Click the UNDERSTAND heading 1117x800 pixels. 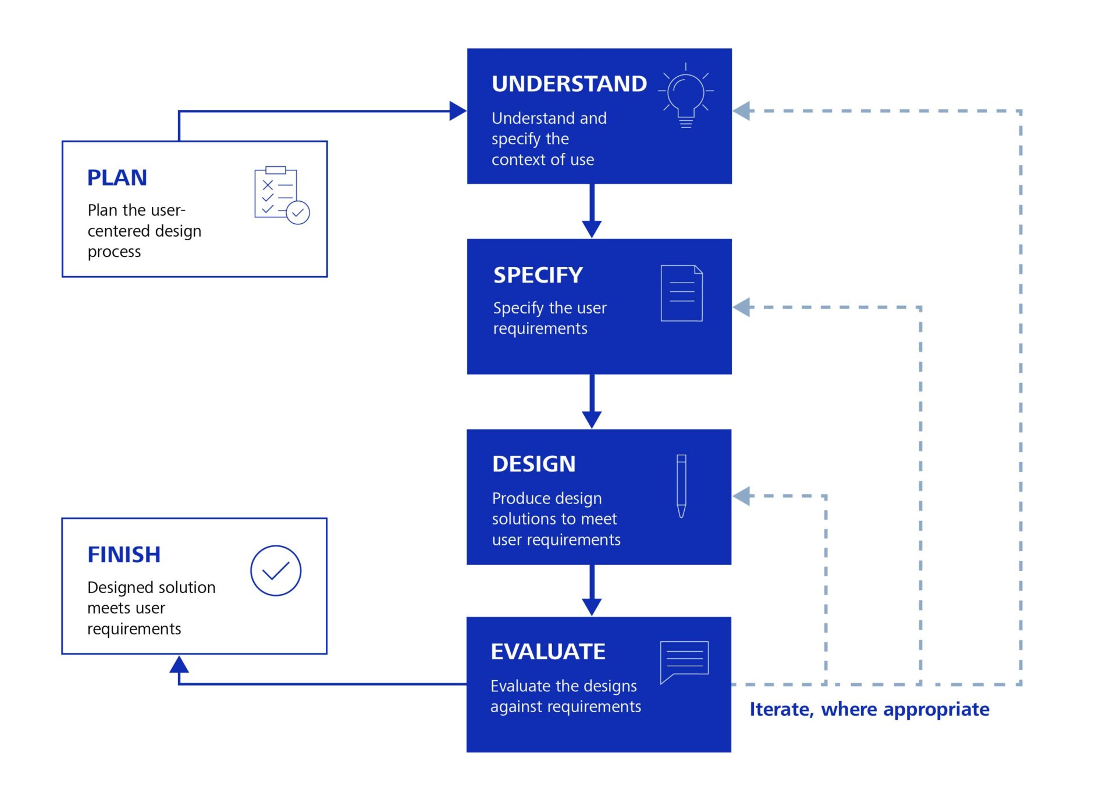[x=568, y=84]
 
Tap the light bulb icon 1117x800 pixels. [x=686, y=96]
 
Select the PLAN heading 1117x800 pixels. [x=117, y=177]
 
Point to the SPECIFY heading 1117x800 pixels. [x=538, y=275]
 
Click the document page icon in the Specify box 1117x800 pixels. [x=681, y=293]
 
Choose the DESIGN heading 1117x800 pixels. [x=533, y=464]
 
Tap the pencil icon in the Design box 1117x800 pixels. [x=681, y=486]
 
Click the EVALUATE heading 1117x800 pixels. [x=547, y=652]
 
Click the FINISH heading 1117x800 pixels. [x=124, y=555]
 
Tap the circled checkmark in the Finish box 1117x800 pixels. [x=276, y=570]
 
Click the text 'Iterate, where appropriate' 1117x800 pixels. [x=869, y=709]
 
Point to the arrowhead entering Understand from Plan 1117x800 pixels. [x=458, y=111]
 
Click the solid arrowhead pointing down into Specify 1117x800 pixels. [x=592, y=229]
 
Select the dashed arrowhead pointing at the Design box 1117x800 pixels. [x=741, y=496]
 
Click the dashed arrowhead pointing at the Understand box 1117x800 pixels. [x=741, y=111]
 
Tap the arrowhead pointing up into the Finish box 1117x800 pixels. [x=179, y=665]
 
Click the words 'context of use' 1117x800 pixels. [x=542, y=159]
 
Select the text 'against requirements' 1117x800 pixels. [x=565, y=706]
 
